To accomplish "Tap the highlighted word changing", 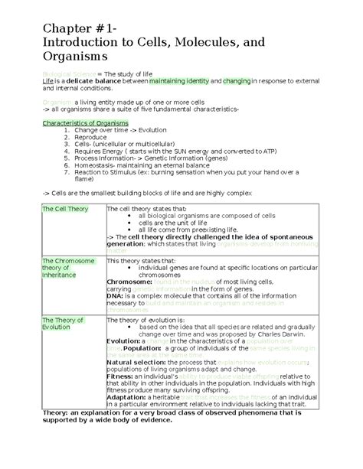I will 237,80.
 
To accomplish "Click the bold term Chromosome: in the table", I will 129,282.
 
